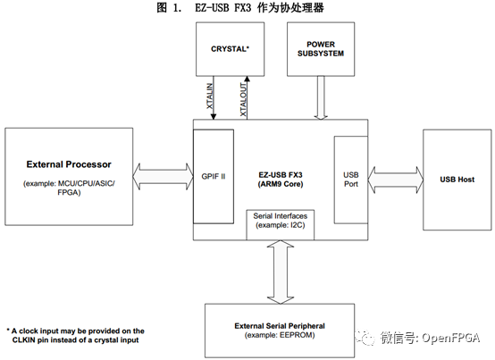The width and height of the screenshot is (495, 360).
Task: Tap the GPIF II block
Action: pyautogui.click(x=214, y=177)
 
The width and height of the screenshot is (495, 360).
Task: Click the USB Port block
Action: pyautogui.click(x=348, y=179)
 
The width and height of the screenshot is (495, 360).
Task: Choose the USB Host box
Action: pyautogui.click(x=456, y=180)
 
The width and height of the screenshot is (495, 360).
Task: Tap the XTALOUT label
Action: pyautogui.click(x=245, y=97)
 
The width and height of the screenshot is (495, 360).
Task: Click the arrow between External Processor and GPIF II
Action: pyautogui.click(x=163, y=178)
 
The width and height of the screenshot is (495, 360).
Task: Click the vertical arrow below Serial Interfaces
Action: pyautogui.click(x=279, y=272)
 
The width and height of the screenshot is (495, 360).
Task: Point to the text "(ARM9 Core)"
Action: pyautogui.click(x=279, y=185)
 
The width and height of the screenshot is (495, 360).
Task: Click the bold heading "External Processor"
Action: pyautogui.click(x=69, y=165)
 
